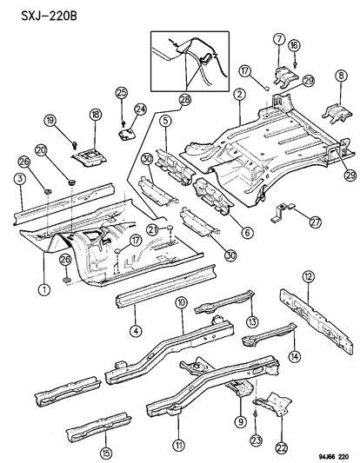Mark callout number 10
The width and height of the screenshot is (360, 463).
[x=182, y=302]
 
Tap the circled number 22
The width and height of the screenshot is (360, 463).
[x=281, y=422]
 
